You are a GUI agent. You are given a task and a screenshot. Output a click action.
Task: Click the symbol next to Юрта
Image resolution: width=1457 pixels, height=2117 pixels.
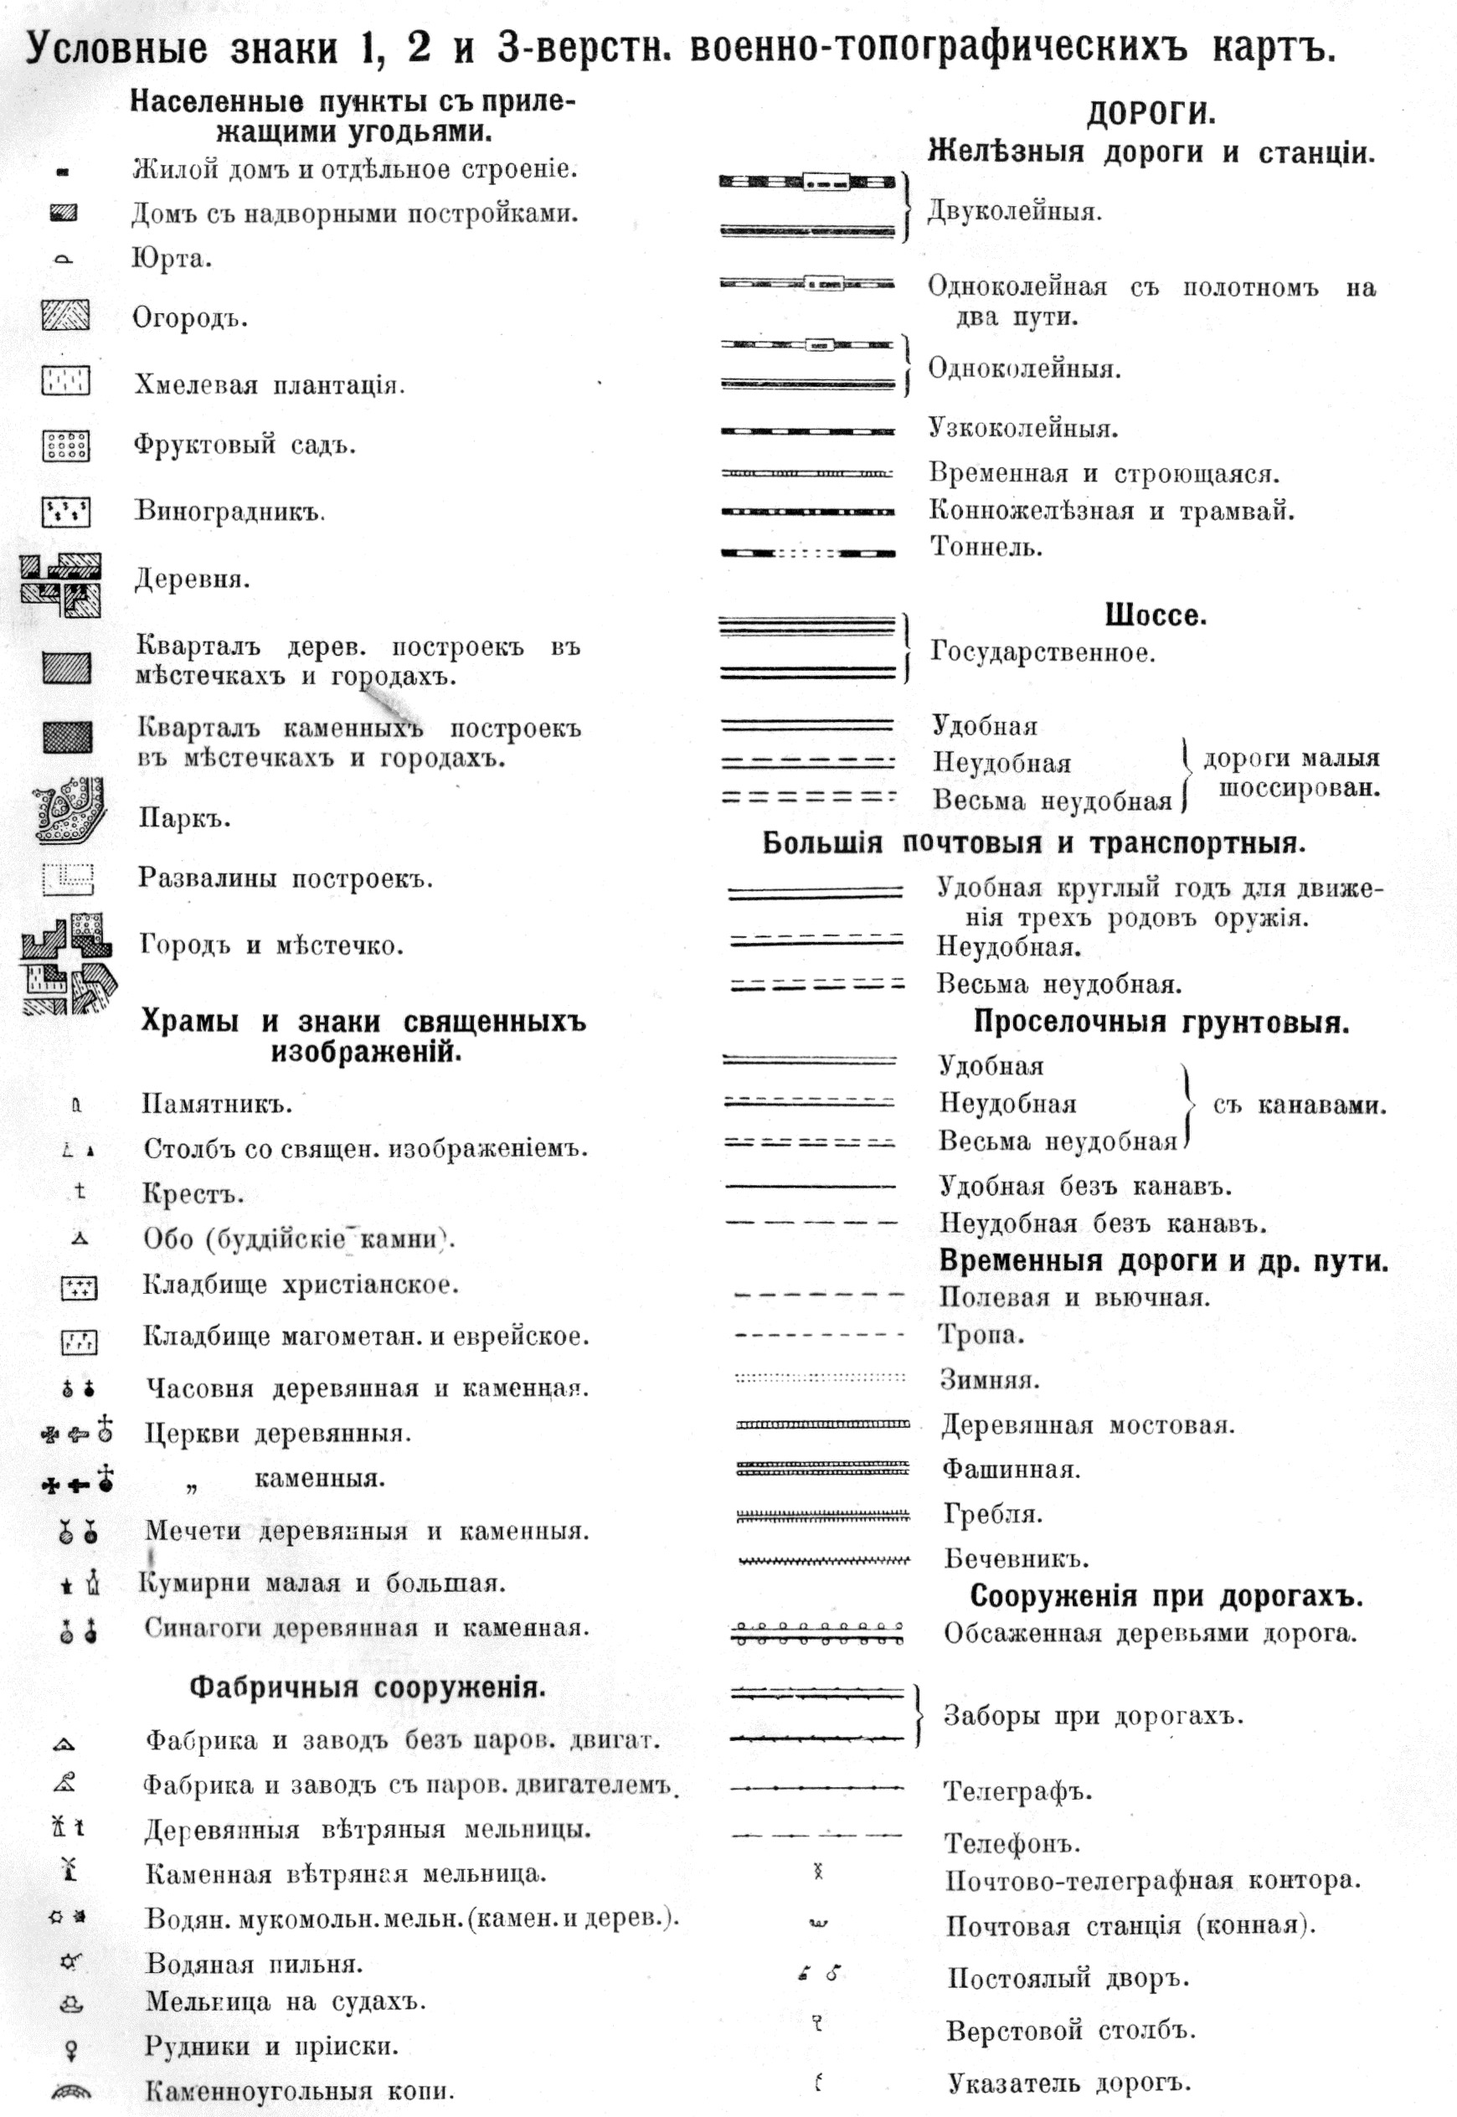(x=63, y=260)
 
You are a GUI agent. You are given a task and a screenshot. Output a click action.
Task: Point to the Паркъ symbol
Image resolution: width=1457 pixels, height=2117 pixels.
(x=68, y=809)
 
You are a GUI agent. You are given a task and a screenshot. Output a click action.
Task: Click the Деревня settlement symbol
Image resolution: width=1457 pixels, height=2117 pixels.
(x=61, y=585)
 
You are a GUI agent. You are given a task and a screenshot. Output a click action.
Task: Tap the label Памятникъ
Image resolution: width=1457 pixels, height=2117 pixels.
(x=216, y=1104)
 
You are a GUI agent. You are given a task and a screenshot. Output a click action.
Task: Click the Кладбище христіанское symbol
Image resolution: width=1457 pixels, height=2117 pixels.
(x=79, y=1288)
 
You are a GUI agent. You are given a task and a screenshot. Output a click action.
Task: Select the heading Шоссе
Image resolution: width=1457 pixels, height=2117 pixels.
(x=1155, y=616)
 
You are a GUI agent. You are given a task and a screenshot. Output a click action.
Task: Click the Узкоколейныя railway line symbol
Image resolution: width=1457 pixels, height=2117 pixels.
(x=808, y=430)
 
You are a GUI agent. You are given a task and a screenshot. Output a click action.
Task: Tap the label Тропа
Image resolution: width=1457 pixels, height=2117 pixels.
(x=981, y=1335)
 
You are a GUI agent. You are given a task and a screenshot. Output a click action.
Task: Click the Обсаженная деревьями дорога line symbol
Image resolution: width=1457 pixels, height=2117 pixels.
(x=818, y=1633)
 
